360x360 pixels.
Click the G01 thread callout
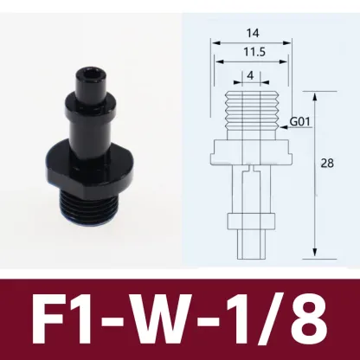tap(299, 122)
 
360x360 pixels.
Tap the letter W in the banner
tap(179, 319)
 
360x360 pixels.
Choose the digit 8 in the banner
tap(307, 319)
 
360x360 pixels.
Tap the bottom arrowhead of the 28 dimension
tap(312, 256)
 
